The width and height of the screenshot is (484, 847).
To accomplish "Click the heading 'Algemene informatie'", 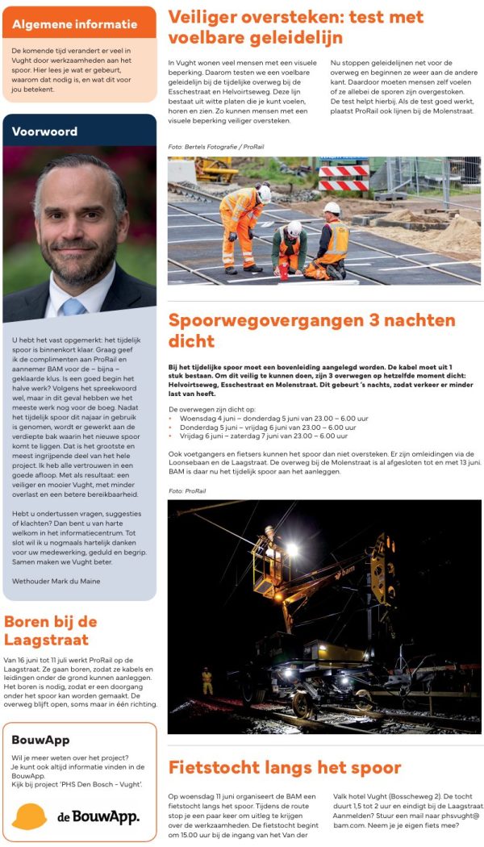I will (x=74, y=24).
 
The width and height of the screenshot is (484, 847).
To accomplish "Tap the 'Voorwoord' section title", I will (x=44, y=131).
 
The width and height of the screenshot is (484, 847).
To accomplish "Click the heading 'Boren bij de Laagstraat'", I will (x=51, y=631).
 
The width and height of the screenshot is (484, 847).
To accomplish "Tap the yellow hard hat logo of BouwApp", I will (x=30, y=816).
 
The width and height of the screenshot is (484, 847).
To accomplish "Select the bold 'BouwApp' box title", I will (x=41, y=739).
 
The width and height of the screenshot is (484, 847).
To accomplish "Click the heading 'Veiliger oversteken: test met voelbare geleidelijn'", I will (x=295, y=27).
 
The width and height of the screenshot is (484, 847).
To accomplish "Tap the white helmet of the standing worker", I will (x=264, y=192).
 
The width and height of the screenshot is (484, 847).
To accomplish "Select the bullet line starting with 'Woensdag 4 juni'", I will (x=274, y=419).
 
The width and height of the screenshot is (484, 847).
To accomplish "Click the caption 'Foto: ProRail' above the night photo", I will (x=186, y=490).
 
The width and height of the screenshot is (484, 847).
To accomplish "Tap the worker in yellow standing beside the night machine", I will (x=207, y=679).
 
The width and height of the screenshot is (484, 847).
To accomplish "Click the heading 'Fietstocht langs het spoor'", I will (x=284, y=766).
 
